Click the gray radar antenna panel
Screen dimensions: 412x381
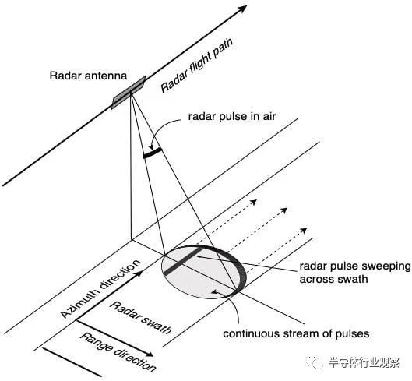coord(129,93)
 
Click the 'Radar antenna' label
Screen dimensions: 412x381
coord(88,76)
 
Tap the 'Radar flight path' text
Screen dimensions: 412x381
coord(196,65)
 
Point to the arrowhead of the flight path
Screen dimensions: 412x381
coord(242,9)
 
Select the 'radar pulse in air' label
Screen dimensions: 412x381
coord(232,116)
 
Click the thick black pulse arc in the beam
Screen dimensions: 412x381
coord(153,153)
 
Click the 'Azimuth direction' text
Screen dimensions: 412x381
coord(101,288)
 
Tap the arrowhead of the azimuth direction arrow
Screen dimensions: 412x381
coord(139,273)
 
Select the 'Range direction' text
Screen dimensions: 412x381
coord(118,352)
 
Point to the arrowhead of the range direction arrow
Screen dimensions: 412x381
coord(150,354)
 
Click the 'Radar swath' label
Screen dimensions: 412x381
coord(140,317)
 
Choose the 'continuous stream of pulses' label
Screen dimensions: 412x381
coord(296,333)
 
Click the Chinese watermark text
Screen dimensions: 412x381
coord(364,363)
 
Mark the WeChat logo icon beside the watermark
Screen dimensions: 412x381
coord(315,362)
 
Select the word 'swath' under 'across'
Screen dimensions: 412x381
coord(352,279)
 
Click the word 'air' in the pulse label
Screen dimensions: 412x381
coord(269,116)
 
